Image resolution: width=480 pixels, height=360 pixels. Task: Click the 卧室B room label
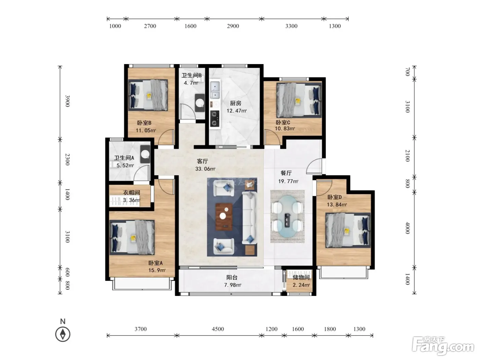(x=144, y=123)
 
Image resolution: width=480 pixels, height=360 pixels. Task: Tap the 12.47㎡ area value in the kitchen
(x=236, y=111)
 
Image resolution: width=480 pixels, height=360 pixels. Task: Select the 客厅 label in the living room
(x=202, y=161)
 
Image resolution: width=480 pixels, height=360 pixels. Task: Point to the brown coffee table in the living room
(x=224, y=217)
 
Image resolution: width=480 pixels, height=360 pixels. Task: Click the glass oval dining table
(x=287, y=217)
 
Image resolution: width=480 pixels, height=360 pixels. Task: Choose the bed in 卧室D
(x=348, y=230)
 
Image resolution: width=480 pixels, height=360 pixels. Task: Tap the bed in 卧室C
(x=299, y=100)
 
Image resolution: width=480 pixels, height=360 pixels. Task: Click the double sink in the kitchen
(x=215, y=90)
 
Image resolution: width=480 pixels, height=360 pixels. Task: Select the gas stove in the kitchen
(x=215, y=119)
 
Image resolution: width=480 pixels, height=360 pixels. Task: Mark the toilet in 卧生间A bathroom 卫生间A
(x=145, y=154)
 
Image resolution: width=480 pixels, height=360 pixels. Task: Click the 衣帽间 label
(x=131, y=192)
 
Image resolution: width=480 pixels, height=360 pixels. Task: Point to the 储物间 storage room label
(x=301, y=277)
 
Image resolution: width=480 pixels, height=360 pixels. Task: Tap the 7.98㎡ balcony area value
(x=233, y=285)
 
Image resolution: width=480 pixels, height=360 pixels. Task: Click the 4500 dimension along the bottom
(x=218, y=329)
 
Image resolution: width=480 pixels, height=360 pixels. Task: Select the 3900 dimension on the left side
(x=67, y=101)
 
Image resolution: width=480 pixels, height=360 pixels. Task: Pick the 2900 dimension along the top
(x=233, y=26)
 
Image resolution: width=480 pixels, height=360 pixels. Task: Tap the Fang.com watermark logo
(x=443, y=346)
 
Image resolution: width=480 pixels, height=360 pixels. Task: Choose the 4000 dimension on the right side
(x=407, y=228)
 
